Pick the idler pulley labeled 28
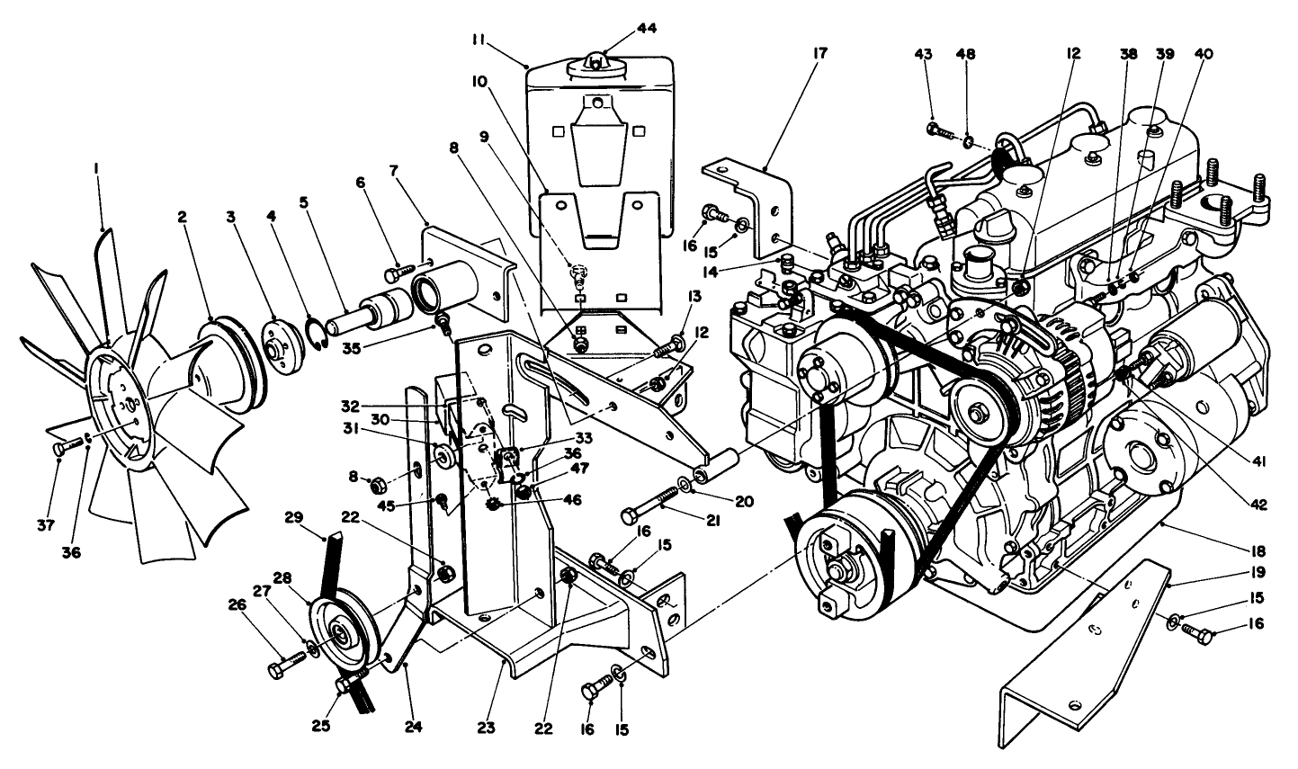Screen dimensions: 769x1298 pyautogui.click(x=342, y=632)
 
